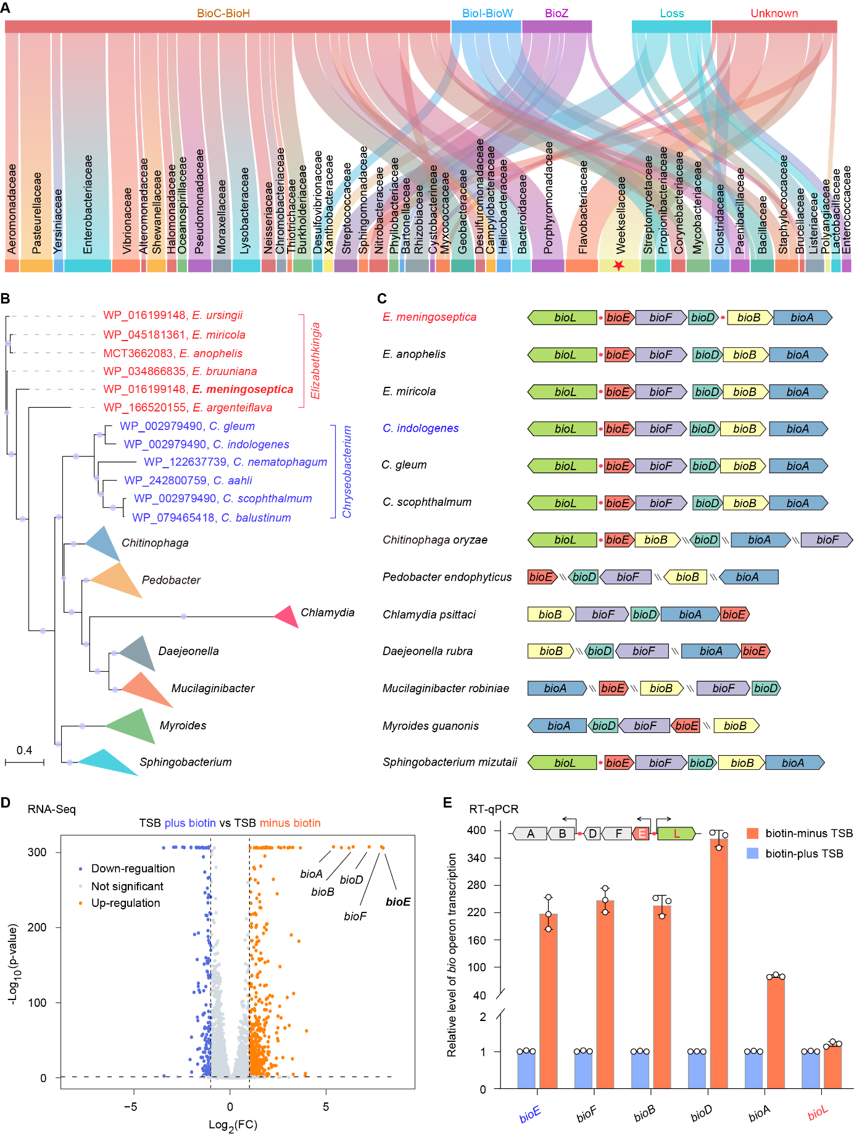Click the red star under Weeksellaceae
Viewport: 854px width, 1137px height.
pos(619,266)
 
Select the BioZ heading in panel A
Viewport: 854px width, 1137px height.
pos(557,13)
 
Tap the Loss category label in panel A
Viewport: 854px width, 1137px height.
pos(671,13)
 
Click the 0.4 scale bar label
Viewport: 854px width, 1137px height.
pos(24,750)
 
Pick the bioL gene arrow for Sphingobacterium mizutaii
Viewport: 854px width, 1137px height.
pos(563,763)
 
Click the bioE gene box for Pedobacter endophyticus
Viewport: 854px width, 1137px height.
pos(541,577)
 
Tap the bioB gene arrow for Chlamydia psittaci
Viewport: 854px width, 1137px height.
pos(550,614)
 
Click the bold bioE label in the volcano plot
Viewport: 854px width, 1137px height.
pos(398,902)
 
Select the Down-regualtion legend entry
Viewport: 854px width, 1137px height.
pos(133,869)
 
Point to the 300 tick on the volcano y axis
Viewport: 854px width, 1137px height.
pos(37,852)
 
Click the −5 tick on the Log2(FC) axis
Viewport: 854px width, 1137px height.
pos(131,1106)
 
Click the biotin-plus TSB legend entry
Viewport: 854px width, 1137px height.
pos(804,853)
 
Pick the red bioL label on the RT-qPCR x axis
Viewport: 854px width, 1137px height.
pos(818,1113)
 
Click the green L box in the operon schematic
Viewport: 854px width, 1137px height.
pos(676,834)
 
